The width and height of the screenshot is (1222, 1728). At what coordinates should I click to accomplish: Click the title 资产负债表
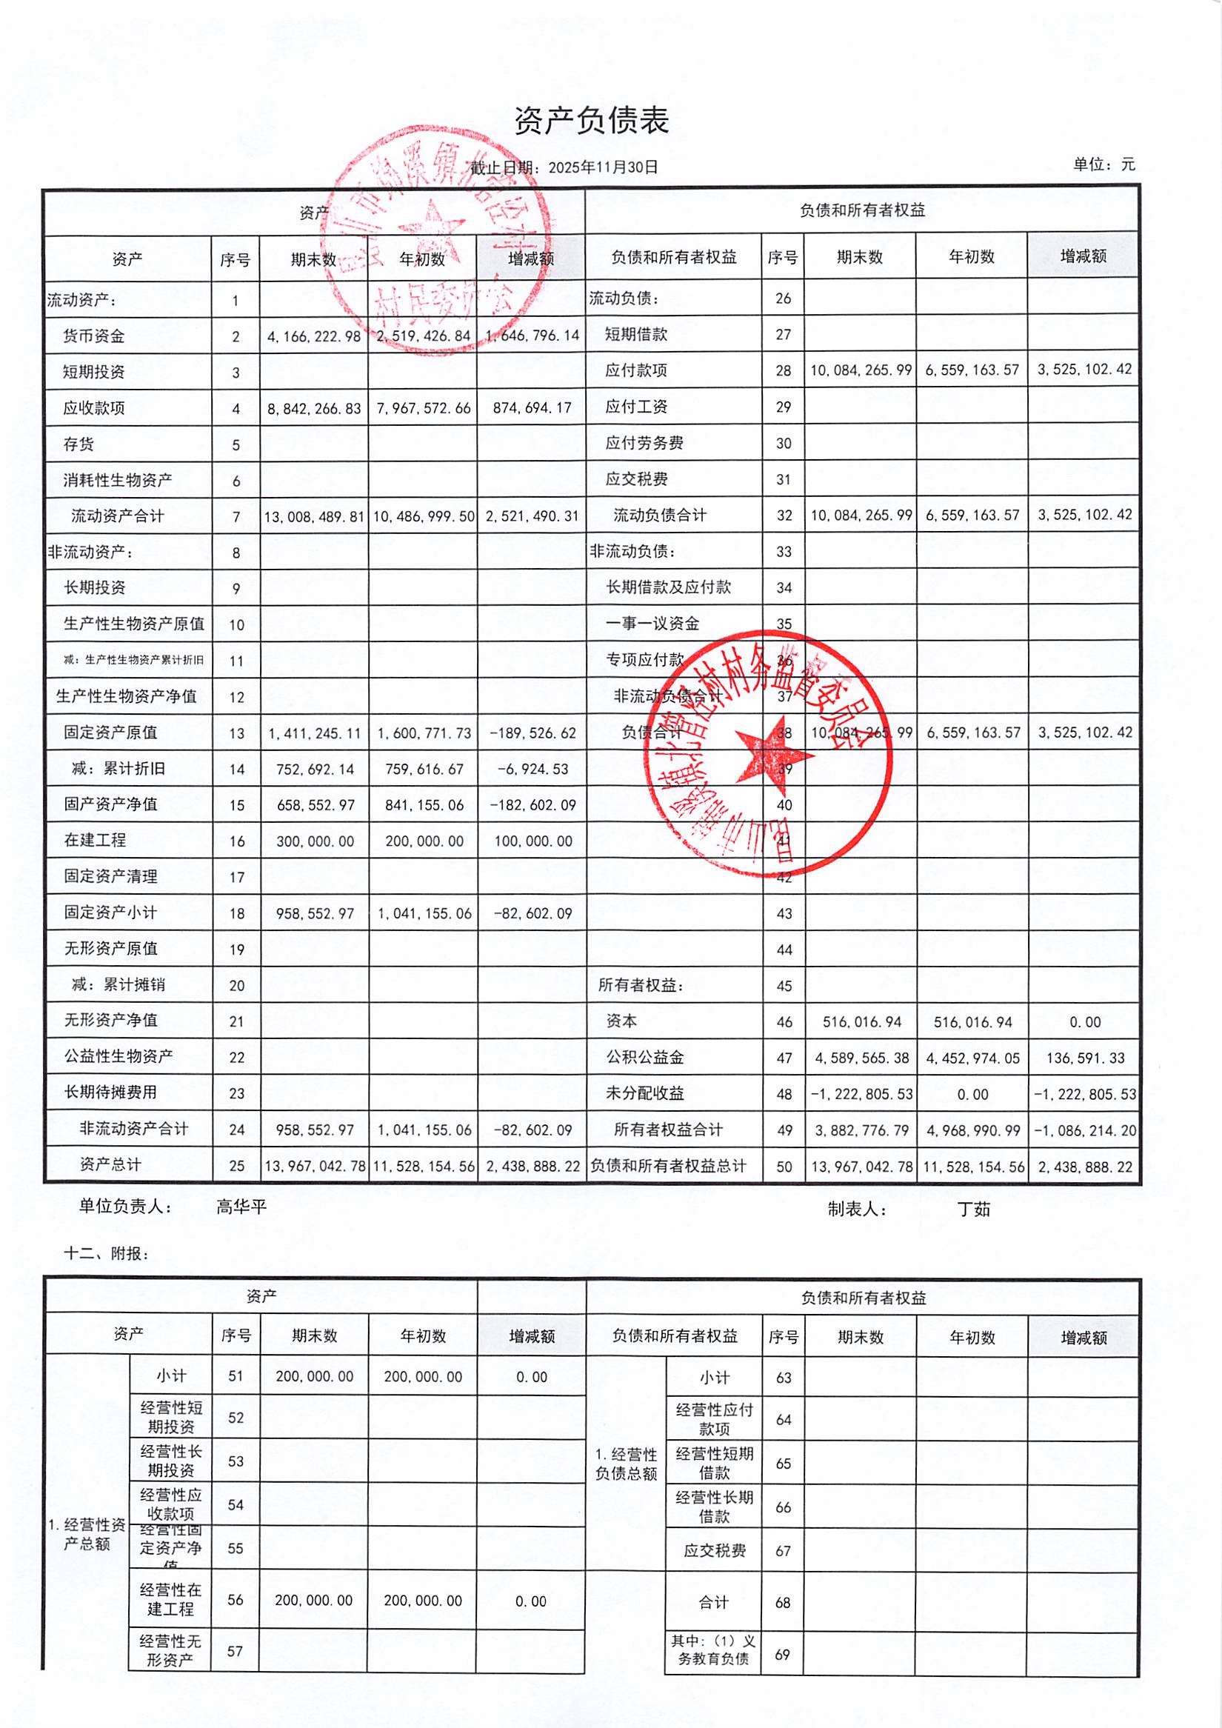coord(592,121)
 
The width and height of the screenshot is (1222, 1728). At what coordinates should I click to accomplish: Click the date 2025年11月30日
coord(603,167)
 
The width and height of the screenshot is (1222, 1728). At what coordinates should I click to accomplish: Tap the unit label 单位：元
coord(1104,164)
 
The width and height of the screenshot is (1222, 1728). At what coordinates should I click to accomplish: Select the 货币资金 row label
coord(94,336)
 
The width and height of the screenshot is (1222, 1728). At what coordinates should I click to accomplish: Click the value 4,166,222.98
coord(314,336)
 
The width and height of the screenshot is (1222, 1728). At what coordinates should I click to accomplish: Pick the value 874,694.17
coord(532,408)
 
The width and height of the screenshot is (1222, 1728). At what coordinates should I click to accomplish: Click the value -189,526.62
coord(532,733)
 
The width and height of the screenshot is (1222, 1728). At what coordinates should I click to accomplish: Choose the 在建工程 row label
coord(95,840)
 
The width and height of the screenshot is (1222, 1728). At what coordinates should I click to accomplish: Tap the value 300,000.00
coord(315,841)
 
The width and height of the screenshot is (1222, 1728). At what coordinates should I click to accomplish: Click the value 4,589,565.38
coord(861,1058)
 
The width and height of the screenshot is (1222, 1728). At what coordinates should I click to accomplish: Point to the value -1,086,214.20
coord(1085,1130)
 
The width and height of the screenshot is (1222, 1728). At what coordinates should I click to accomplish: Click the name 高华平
coord(241,1207)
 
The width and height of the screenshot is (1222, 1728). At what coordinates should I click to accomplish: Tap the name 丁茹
coord(974,1210)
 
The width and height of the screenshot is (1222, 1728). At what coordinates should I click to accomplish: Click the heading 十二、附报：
coord(106,1254)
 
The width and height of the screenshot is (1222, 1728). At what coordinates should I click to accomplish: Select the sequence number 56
coord(236,1599)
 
